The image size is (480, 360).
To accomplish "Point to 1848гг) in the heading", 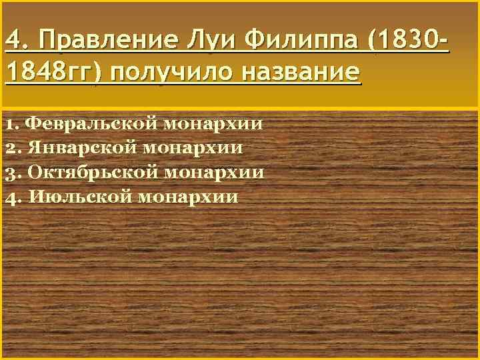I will tap(53, 71).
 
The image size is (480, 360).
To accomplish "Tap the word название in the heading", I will tap(302, 71).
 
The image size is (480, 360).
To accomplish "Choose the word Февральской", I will tap(93, 123).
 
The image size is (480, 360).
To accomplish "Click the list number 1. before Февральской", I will tap(13, 123).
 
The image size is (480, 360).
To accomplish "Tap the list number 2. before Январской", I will tap(13, 148).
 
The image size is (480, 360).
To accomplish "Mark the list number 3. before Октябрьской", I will tap(13, 172).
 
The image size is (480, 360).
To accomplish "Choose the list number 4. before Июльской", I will tap(13, 197).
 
